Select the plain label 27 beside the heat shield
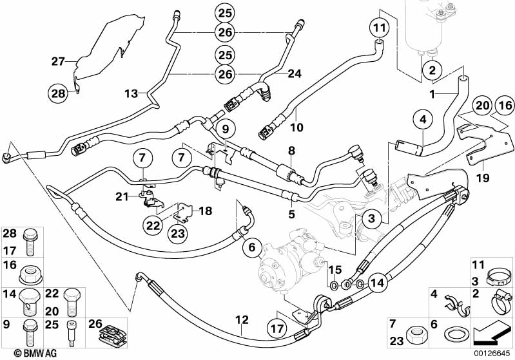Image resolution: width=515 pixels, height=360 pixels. click(59, 62)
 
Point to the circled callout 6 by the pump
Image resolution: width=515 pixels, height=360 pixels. click(252, 245)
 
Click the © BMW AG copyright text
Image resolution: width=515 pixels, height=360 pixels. click(24, 353)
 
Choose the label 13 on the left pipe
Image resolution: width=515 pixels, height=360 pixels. click(131, 93)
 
